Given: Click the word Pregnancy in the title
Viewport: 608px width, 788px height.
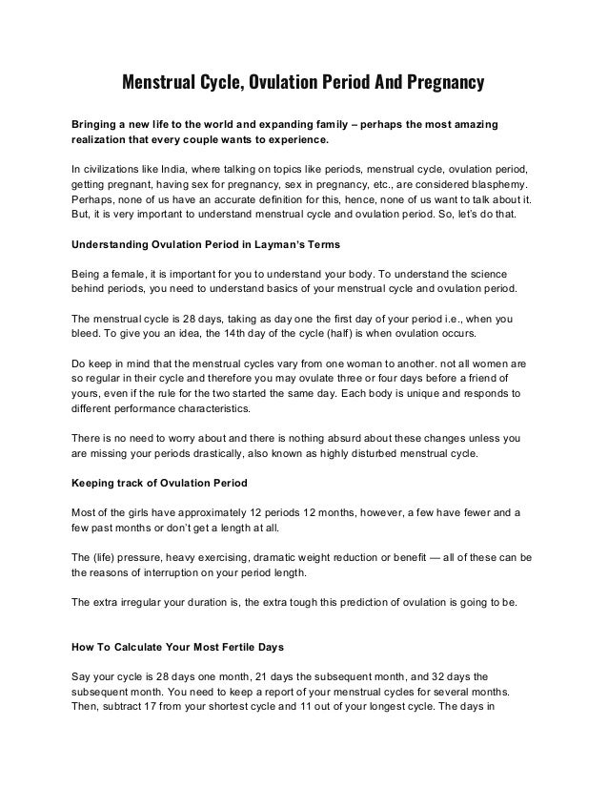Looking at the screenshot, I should [439, 84].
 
